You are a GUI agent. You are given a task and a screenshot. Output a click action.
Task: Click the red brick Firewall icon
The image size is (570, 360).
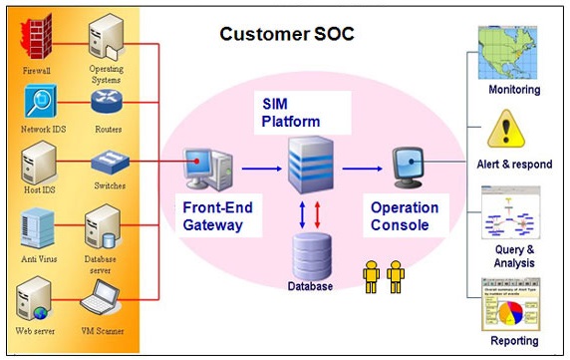coord(37,39)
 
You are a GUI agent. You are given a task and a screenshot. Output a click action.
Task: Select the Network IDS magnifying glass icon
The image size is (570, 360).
coord(37,104)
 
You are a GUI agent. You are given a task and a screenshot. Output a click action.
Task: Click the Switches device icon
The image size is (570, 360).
coord(107,161)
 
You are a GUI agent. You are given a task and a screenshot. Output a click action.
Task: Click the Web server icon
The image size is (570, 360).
coord(35,296)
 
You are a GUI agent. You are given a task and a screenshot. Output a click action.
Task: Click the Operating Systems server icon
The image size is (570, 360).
coord(105,38)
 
